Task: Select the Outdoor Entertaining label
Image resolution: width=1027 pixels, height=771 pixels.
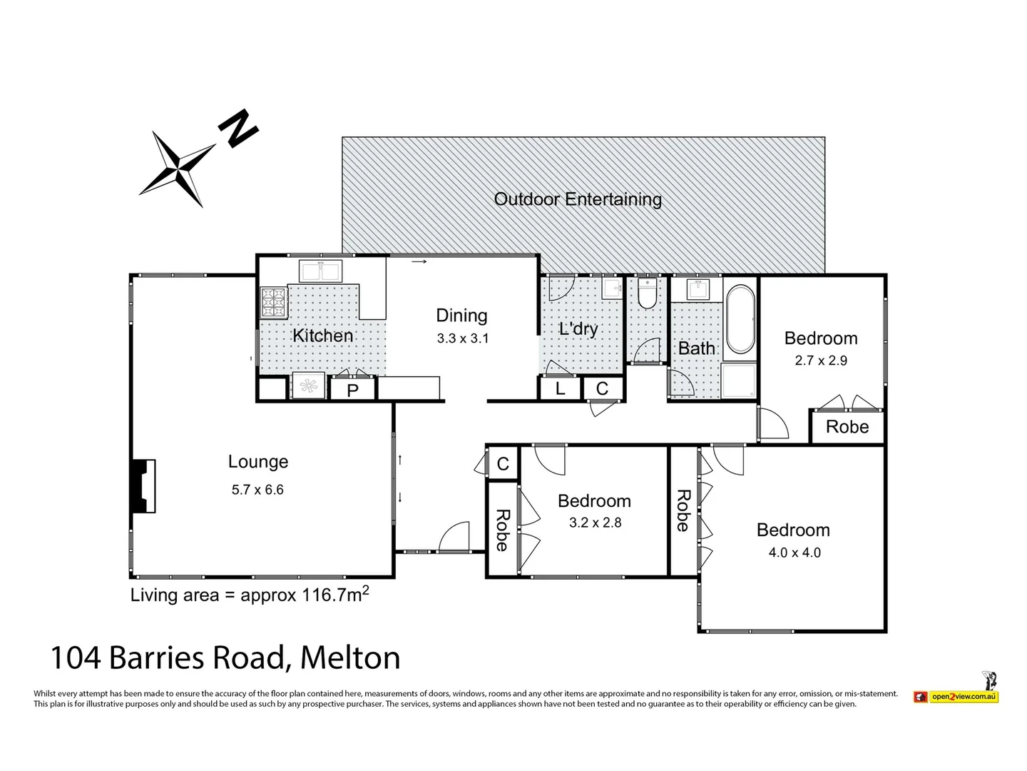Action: click(x=578, y=199)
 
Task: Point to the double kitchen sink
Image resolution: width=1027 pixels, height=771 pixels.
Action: click(x=321, y=271)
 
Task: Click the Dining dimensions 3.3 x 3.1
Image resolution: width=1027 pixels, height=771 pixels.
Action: click(x=463, y=338)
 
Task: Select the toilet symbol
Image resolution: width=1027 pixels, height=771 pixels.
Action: click(x=647, y=294)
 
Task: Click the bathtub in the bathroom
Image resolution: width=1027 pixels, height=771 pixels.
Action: click(x=740, y=319)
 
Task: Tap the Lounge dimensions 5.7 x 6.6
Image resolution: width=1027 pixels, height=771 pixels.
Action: click(x=257, y=490)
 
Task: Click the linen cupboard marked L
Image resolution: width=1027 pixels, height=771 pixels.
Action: click(x=560, y=388)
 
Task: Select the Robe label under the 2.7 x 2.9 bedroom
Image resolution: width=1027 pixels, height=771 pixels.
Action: click(x=847, y=427)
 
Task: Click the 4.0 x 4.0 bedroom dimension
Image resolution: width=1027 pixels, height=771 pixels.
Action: click(x=794, y=553)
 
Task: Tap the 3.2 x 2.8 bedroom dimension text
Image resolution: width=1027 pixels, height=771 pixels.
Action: click(x=595, y=523)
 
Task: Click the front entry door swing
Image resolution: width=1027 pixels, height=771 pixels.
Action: click(x=454, y=538)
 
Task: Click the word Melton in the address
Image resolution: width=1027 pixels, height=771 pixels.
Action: click(x=350, y=657)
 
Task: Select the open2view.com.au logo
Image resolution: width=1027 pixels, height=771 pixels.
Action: click(x=962, y=696)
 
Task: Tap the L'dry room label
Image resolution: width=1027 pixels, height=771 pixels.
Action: click(x=578, y=329)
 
